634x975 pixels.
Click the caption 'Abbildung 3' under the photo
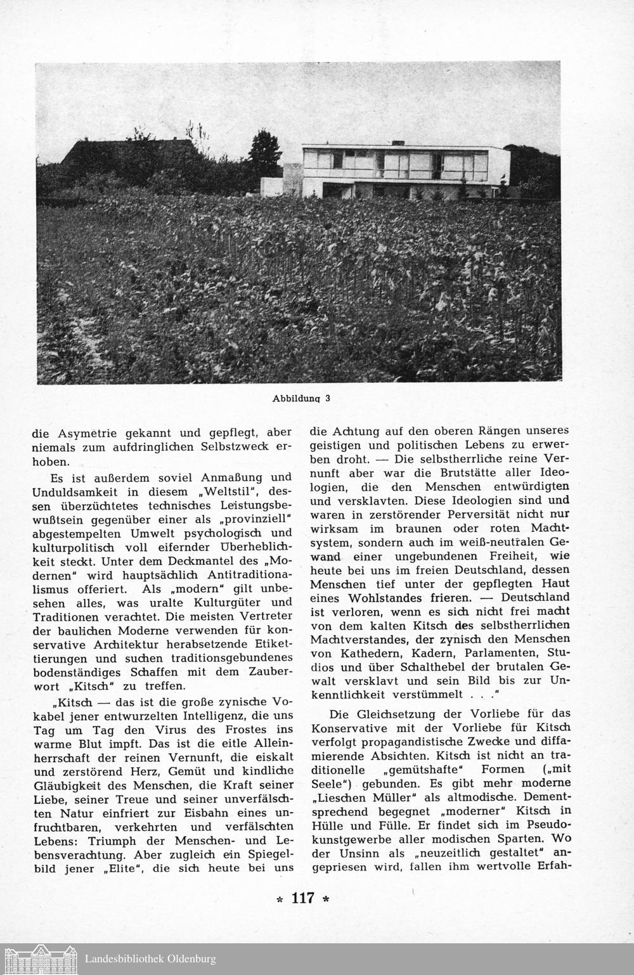tap(301, 399)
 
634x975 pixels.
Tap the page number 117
tap(304, 898)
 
